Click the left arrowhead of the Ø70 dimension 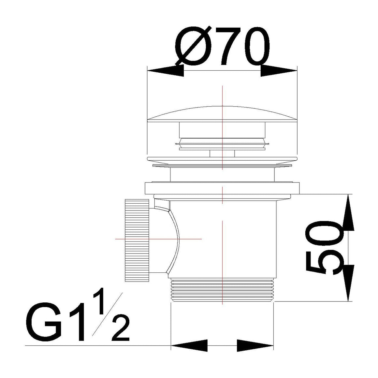point(166,71)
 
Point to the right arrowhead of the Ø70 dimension point(279,71)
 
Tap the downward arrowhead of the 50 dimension point(348,283)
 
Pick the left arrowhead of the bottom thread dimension point(189,345)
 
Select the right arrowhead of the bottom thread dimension point(255,345)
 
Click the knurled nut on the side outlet point(137,240)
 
